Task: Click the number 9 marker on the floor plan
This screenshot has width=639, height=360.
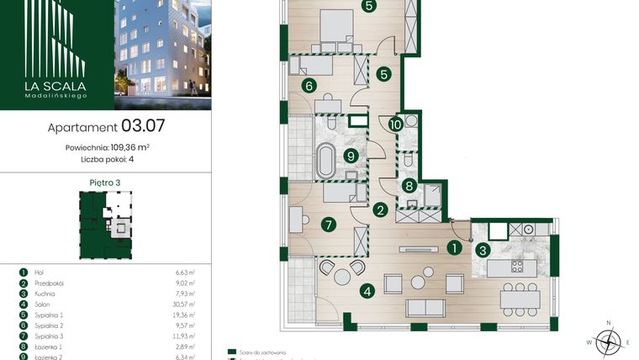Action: click(350, 154)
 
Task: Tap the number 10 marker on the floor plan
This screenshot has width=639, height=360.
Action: click(395, 124)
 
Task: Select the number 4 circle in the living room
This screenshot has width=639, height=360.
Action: click(367, 293)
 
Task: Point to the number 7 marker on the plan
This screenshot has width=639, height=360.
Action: click(328, 224)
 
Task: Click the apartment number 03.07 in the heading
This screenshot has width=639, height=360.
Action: click(143, 127)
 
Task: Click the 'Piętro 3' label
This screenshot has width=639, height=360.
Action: click(104, 182)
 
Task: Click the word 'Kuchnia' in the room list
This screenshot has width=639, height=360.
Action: click(47, 294)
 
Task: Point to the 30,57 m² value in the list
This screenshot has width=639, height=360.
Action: click(184, 304)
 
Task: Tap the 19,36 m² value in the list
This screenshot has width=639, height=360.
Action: click(184, 315)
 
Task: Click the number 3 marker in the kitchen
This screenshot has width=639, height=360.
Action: click(483, 249)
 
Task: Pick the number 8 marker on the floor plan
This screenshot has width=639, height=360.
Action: click(409, 187)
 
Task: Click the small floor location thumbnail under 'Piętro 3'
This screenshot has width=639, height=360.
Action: click(105, 222)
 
